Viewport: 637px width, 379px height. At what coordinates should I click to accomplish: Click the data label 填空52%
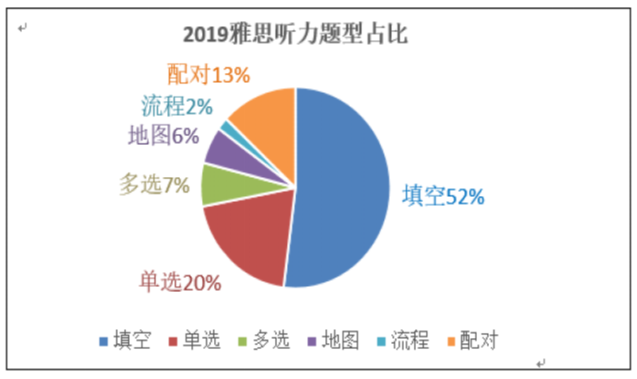443,197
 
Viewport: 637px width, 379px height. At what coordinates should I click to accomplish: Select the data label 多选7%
154,185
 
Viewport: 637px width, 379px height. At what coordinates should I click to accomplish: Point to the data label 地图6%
163,136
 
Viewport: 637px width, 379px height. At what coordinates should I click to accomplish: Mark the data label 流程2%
176,106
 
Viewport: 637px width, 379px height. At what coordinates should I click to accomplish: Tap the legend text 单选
202,341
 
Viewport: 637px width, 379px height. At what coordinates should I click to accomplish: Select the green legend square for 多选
242,342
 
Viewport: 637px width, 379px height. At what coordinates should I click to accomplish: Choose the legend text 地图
340,341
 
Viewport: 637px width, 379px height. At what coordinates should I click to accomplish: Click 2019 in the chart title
202,35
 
